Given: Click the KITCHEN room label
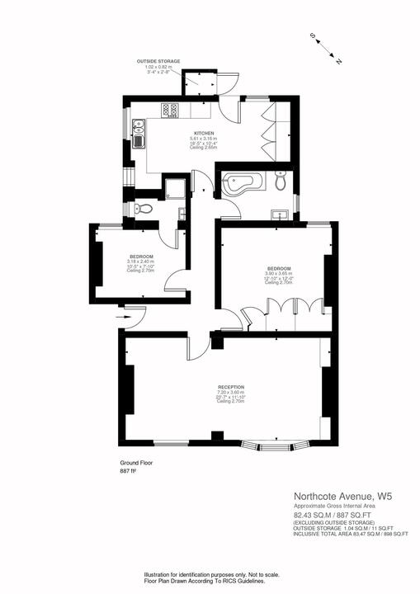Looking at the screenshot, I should pyautogui.click(x=205, y=132).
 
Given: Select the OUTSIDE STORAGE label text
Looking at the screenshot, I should pyautogui.click(x=158, y=61).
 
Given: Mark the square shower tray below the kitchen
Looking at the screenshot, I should pyautogui.click(x=173, y=190).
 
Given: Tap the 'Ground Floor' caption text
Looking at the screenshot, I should pyautogui.click(x=136, y=463).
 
